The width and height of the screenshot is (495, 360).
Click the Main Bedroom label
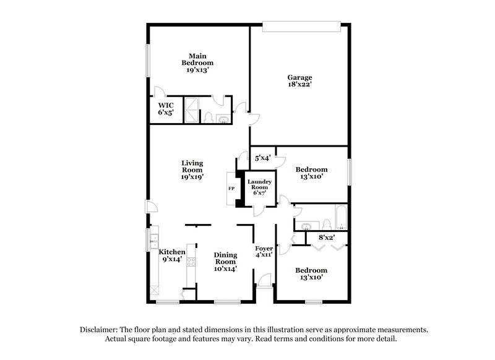[x=197, y=62]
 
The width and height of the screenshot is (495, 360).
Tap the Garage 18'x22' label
[x=299, y=82]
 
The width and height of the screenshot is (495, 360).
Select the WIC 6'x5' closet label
[x=165, y=109]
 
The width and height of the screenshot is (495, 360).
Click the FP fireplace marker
[x=231, y=188]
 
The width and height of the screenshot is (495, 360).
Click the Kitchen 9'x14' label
[x=172, y=256]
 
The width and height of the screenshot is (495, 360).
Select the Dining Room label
[x=225, y=262]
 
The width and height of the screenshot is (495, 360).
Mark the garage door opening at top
[x=301, y=25]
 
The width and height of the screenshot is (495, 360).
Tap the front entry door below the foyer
[x=265, y=287]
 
